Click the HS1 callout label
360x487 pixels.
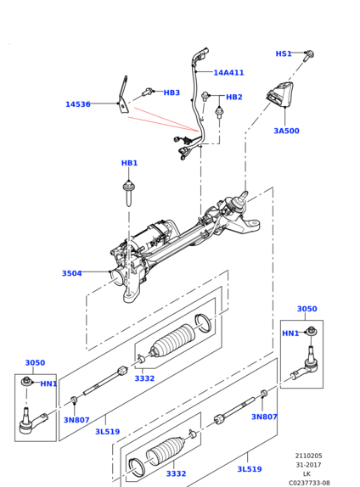click(284, 53)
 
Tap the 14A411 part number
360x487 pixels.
click(228, 73)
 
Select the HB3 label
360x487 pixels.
click(172, 92)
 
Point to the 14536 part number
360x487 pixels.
click(78, 104)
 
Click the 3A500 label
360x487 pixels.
click(286, 131)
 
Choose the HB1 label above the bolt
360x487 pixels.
click(129, 163)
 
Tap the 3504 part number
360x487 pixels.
click(72, 273)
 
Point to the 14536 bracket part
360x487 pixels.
click(123, 95)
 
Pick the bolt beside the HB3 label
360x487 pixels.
click(147, 92)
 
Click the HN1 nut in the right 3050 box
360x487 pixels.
click(312, 332)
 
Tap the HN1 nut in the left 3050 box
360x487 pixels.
click(26, 381)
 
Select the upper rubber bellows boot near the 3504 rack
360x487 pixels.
click(172, 340)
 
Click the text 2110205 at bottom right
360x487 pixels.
click(308, 456)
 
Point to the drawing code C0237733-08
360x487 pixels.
click(309, 483)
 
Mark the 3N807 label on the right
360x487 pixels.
click(264, 417)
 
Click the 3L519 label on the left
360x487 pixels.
click(107, 432)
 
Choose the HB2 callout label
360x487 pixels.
click(233, 97)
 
